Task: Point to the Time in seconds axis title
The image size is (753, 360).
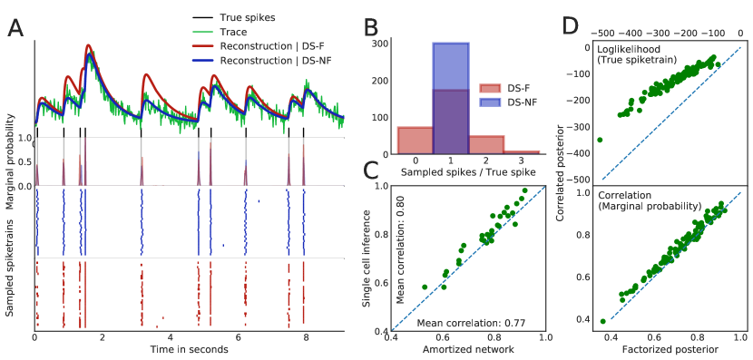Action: [x=189, y=349]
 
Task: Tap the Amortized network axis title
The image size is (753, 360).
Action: [x=467, y=350]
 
